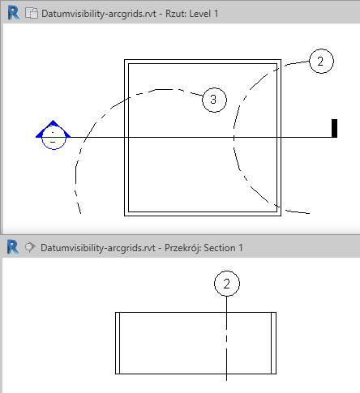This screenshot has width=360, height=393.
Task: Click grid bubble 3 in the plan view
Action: [x=214, y=100]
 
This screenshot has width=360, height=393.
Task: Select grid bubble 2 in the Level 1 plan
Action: [x=321, y=61]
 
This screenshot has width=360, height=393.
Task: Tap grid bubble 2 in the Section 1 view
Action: [x=227, y=284]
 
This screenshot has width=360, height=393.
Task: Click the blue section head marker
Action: [x=54, y=135]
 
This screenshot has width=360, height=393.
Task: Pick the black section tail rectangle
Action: [x=334, y=128]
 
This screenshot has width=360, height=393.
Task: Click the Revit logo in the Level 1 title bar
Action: [x=14, y=13]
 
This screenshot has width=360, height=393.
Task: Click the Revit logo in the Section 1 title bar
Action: [x=13, y=247]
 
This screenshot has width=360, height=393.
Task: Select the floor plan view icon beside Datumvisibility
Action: [x=32, y=13]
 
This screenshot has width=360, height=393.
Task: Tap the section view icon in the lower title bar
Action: [x=30, y=247]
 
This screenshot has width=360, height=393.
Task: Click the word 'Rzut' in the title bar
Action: [x=174, y=14]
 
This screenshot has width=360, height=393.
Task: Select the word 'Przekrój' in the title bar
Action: [x=182, y=248]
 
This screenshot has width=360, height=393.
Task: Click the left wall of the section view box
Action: [x=118, y=343]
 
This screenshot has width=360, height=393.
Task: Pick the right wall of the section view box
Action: [x=273, y=343]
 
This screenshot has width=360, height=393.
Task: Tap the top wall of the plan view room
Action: [x=203, y=62]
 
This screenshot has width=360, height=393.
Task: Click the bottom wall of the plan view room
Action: [x=203, y=214]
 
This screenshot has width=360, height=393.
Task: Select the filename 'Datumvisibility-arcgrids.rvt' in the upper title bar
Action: [x=99, y=14]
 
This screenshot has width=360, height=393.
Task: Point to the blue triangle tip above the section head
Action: [x=53, y=120]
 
